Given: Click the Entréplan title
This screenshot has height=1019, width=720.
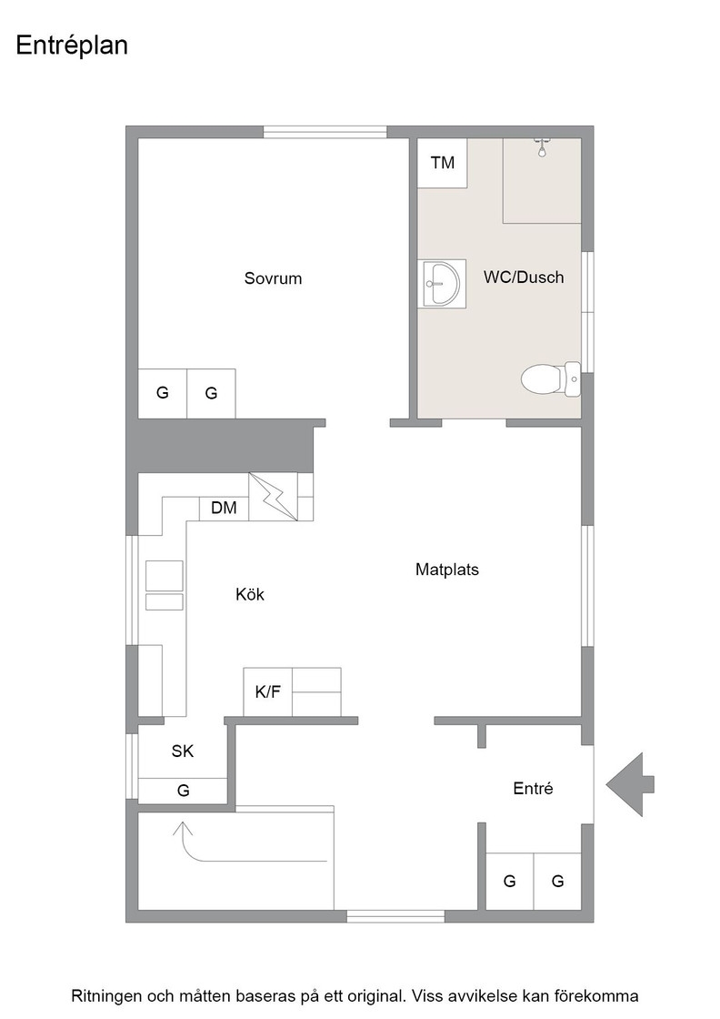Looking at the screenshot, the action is click(x=72, y=46).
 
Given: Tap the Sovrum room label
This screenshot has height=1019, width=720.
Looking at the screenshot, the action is click(x=273, y=278).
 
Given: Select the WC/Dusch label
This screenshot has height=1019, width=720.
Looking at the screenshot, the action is click(x=524, y=277).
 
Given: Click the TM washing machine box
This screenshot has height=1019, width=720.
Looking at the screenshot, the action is click(x=442, y=163).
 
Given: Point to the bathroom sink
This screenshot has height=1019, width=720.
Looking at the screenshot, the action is click(x=444, y=283).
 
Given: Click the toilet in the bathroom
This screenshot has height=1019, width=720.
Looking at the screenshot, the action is click(x=551, y=378).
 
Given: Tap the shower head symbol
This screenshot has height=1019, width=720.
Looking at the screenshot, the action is click(x=542, y=148).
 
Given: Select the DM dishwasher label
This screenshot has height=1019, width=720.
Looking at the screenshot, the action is click(x=224, y=508).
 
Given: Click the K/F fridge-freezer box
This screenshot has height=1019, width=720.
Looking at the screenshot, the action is click(x=267, y=692).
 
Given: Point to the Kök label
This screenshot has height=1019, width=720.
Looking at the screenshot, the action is click(x=250, y=594).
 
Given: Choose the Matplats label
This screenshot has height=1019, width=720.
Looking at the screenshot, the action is click(x=446, y=570).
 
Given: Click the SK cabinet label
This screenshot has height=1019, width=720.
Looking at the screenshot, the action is click(x=183, y=752).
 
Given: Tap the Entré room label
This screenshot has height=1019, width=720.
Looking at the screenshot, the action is click(x=533, y=788).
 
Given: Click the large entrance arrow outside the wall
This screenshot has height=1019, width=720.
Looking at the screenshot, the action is click(x=630, y=784).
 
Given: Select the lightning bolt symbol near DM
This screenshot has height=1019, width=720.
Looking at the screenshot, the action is click(x=274, y=497).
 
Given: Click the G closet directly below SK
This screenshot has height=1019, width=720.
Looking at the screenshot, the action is click(x=183, y=791).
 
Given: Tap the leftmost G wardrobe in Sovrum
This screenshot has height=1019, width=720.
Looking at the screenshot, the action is click(x=163, y=393).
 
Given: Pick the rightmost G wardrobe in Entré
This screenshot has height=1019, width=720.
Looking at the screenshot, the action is click(x=557, y=882).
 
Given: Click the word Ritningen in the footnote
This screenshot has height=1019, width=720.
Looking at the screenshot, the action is click(x=106, y=996).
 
